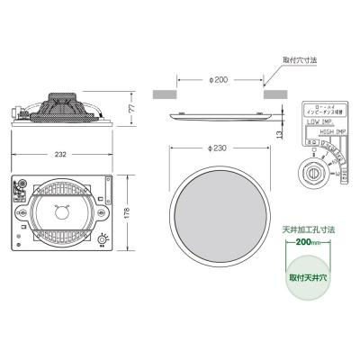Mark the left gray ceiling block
[163, 93]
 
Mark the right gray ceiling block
[274, 93]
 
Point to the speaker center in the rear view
[62, 213]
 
